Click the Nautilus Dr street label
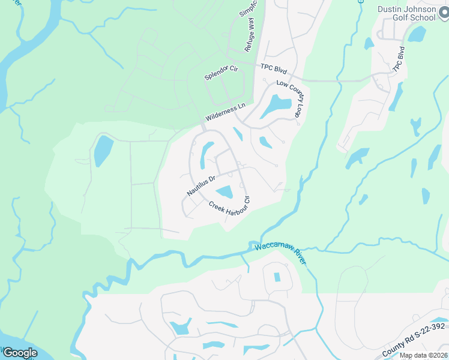point(200,186)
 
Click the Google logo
point(19,353)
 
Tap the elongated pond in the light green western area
point(103,151)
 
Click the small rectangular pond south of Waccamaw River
point(277,277)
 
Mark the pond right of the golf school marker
point(416,34)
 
